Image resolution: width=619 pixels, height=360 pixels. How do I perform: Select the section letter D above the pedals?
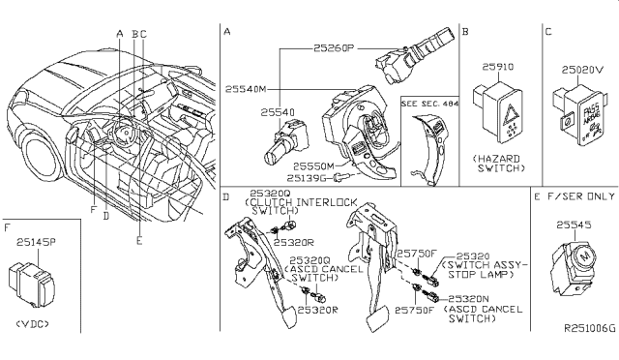pyautogui.click(x=226, y=196)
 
